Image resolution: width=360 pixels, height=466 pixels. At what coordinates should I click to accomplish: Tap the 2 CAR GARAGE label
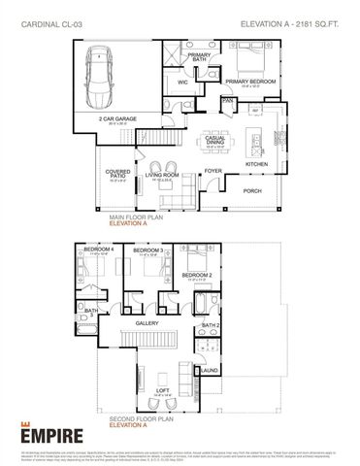click(118, 118)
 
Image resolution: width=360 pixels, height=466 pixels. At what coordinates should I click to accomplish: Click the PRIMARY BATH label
click(199, 57)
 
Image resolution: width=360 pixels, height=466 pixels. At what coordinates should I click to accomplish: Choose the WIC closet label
click(182, 83)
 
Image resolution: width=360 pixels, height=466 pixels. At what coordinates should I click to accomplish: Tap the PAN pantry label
click(228, 100)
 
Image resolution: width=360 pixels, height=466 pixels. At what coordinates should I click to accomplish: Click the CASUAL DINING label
click(217, 139)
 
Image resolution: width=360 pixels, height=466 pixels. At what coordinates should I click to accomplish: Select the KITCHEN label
click(256, 164)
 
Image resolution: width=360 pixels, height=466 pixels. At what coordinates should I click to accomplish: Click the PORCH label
click(251, 191)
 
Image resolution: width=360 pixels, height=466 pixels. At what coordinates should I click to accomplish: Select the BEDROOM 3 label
click(147, 250)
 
